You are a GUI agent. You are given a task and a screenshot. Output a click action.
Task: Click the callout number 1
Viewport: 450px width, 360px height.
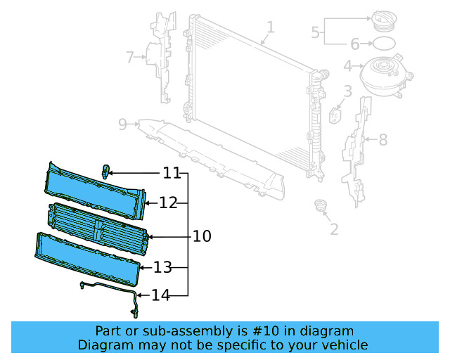[x=271, y=27]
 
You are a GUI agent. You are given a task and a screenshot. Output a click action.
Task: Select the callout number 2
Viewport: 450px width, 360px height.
[x=334, y=229]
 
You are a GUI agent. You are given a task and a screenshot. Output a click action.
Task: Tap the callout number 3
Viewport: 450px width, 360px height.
[x=347, y=91]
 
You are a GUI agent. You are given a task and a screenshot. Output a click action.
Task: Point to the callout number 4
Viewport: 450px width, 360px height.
[x=347, y=67]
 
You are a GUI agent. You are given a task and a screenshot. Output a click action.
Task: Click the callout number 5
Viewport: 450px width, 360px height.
[x=316, y=32]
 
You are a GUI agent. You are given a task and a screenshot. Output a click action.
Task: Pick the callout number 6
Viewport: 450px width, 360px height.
[x=355, y=44]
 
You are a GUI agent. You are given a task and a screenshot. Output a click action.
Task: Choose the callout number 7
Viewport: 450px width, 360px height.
[x=129, y=56]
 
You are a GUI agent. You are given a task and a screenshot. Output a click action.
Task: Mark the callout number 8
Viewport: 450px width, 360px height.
[x=382, y=140]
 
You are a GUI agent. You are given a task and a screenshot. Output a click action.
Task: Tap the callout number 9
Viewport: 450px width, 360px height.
[x=123, y=124]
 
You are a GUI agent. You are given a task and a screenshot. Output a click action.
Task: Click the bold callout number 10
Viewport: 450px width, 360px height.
[x=202, y=236]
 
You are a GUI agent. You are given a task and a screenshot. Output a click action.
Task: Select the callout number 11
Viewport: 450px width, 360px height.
[x=172, y=173]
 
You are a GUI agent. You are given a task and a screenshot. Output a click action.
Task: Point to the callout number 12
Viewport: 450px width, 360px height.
[x=168, y=203]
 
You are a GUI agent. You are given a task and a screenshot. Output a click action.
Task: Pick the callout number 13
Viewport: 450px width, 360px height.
[x=162, y=267]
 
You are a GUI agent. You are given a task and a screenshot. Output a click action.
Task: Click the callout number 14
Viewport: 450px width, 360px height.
[x=161, y=295]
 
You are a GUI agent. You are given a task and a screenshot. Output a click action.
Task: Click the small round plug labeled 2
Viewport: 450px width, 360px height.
[x=321, y=206]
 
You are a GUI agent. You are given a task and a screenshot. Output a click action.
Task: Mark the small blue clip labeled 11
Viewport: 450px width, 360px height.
[x=106, y=171]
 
